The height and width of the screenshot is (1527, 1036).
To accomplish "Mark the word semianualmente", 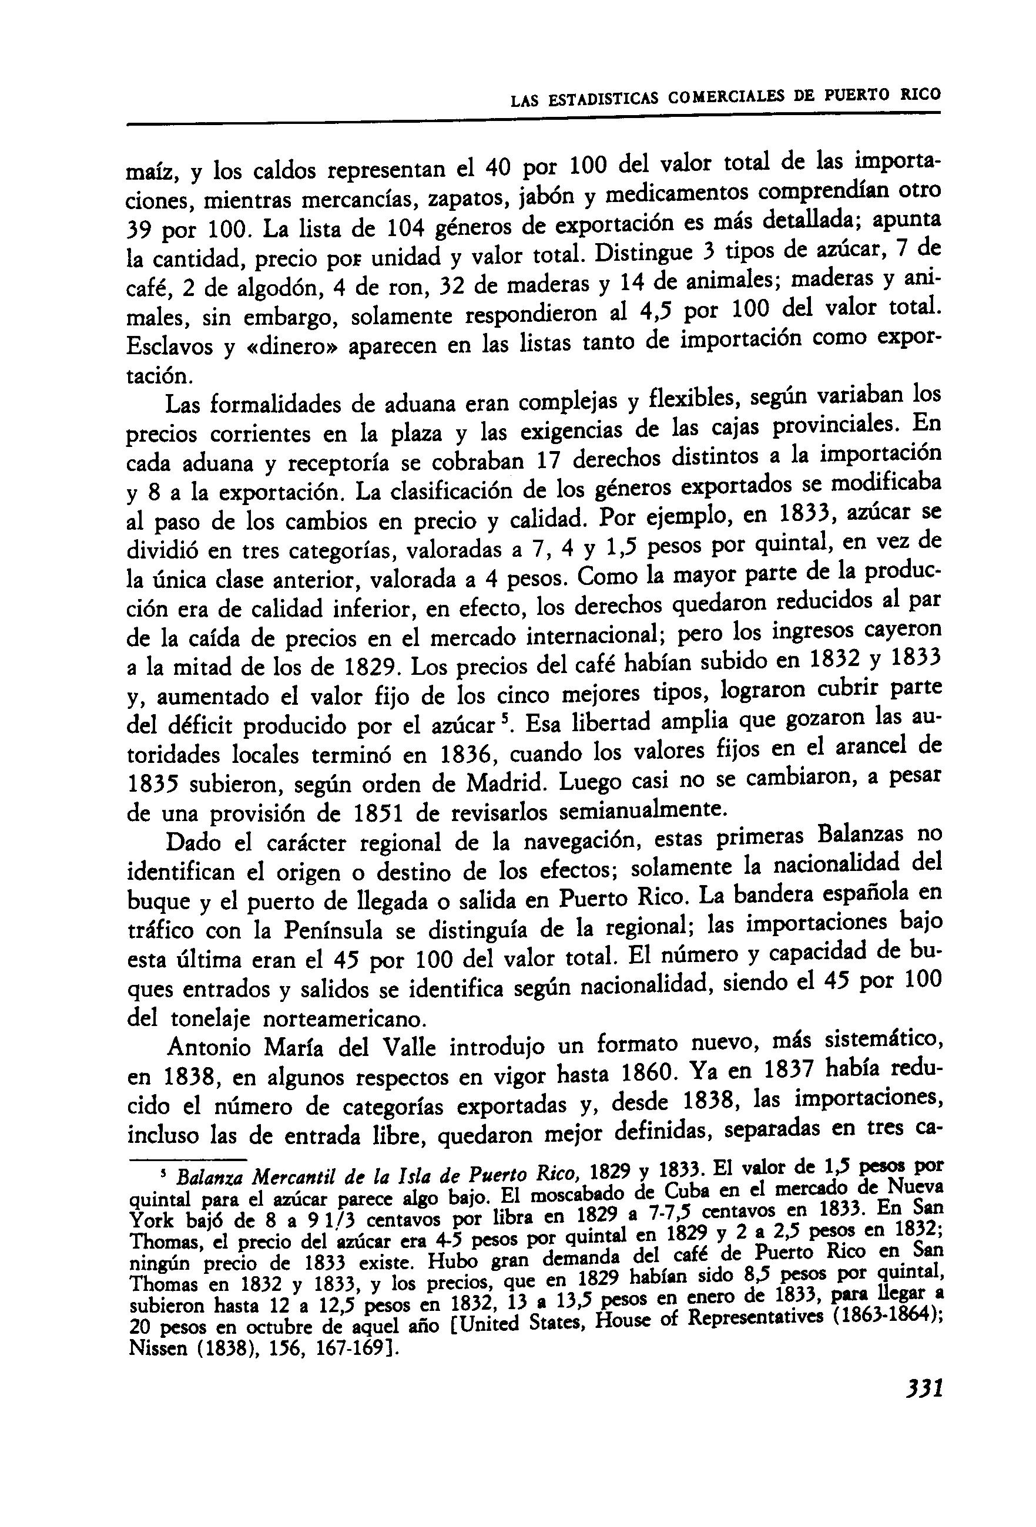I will (641, 811).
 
